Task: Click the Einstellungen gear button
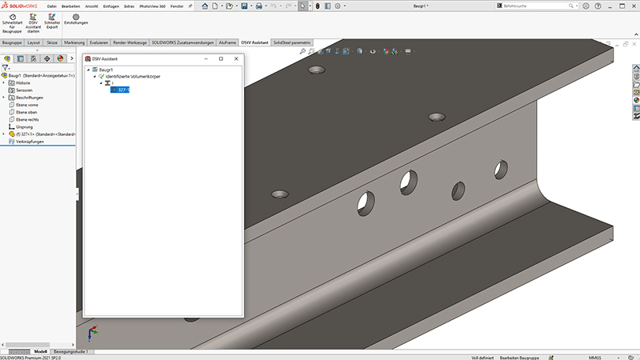pos(75,19)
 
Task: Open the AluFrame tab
pos(228,42)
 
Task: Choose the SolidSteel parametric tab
pos(292,42)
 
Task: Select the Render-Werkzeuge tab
pos(130,42)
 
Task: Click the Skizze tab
pos(52,42)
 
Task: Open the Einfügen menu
pos(111,6)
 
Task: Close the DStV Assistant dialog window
pos(235,58)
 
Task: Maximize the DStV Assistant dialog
pos(221,58)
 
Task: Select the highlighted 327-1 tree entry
pos(122,90)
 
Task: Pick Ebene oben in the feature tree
pos(27,112)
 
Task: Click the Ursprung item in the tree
pos(25,126)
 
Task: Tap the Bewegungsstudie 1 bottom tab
pos(73,351)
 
